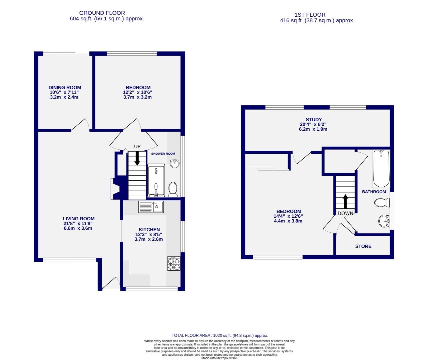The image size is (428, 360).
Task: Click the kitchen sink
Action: pyautogui.click(x=151, y=207)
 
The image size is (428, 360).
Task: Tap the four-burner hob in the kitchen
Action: pyautogui.click(x=174, y=264)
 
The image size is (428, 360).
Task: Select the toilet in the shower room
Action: pyautogui.click(x=173, y=189)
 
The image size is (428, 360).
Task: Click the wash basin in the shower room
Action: pyautogui.click(x=174, y=164)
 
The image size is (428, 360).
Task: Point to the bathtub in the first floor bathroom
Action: pyautogui.click(x=381, y=169)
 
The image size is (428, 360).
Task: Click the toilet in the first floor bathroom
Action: pyautogui.click(x=382, y=202)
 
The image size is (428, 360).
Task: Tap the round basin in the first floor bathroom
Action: pyautogui.click(x=385, y=221)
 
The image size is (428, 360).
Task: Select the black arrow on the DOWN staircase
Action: pyautogui.click(x=345, y=201)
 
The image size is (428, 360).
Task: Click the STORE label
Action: pyautogui.click(x=363, y=246)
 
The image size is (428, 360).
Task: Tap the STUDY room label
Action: pyautogui.click(x=314, y=119)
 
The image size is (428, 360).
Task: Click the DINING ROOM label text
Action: pyautogui.click(x=65, y=88)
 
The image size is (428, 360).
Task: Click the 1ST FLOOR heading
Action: pyautogui.click(x=310, y=15)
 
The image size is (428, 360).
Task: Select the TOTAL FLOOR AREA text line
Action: pyautogui.click(x=220, y=335)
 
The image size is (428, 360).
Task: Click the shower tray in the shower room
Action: pyautogui.click(x=156, y=180)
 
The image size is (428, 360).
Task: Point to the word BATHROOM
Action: pyautogui.click(x=374, y=192)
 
